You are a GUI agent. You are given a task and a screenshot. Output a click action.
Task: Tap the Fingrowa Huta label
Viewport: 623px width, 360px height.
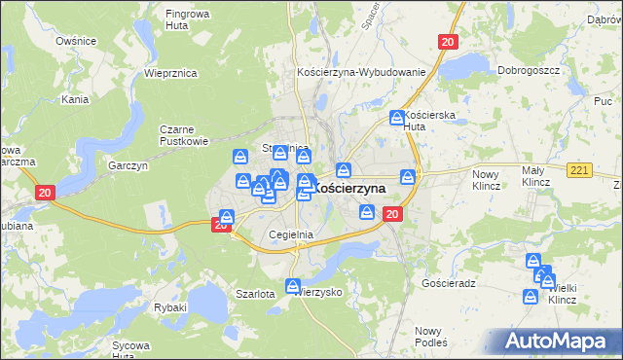pos(189,20)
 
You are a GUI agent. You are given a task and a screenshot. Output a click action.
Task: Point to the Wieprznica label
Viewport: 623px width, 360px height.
pos(170,73)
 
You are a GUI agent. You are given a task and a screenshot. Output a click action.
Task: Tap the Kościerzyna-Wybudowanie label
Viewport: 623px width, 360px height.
pos(361,73)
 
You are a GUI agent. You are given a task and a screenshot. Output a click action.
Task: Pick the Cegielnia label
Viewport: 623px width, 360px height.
pos(290,234)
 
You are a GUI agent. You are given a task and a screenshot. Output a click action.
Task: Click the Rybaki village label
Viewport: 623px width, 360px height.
pos(169,306)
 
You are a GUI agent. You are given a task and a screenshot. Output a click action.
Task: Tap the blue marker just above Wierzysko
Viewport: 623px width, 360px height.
pos(294,285)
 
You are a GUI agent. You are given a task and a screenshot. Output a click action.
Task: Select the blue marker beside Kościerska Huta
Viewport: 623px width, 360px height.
pos(397,118)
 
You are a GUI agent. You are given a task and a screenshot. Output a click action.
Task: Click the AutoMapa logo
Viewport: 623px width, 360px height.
pos(559,341)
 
